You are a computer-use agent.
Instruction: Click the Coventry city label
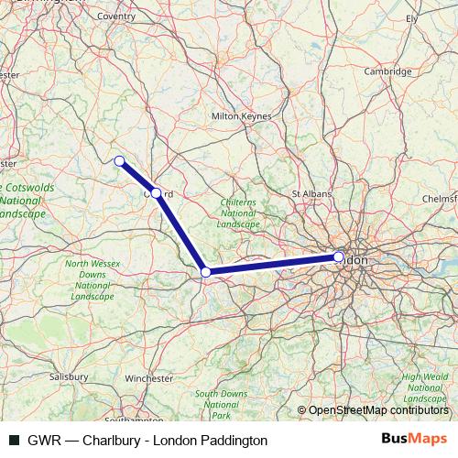[115, 16]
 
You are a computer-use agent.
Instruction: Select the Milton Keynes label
[241, 117]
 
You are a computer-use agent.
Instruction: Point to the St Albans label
[309, 194]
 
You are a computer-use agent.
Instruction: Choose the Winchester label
[148, 377]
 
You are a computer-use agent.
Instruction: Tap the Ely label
[411, 17]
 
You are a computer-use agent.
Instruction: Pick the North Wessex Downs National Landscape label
[91, 280]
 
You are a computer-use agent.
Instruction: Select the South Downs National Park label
[220, 403]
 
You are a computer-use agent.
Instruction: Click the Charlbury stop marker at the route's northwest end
[119, 161]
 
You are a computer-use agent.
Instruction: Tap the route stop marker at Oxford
[157, 193]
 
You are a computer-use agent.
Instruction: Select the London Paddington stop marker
[339, 257]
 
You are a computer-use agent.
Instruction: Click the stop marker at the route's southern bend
[206, 272]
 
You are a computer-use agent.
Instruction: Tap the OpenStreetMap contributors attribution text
[377, 410]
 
